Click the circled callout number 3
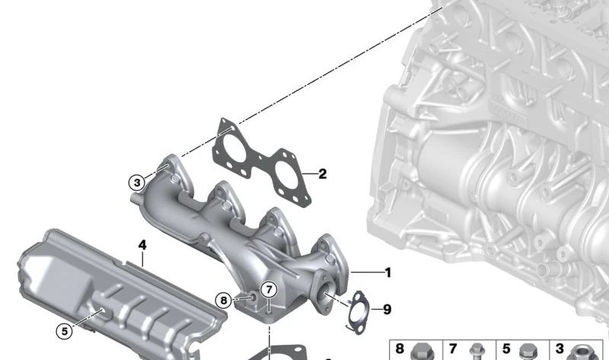click(x=137, y=182)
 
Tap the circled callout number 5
click(x=65, y=331)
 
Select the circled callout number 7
click(x=269, y=289)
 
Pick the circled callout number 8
click(x=223, y=300)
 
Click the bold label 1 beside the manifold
click(x=387, y=272)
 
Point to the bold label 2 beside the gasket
click(x=322, y=174)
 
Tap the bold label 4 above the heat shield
click(x=142, y=245)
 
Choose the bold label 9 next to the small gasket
click(x=387, y=310)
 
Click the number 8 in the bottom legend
click(x=400, y=349)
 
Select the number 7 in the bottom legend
click(x=453, y=349)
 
